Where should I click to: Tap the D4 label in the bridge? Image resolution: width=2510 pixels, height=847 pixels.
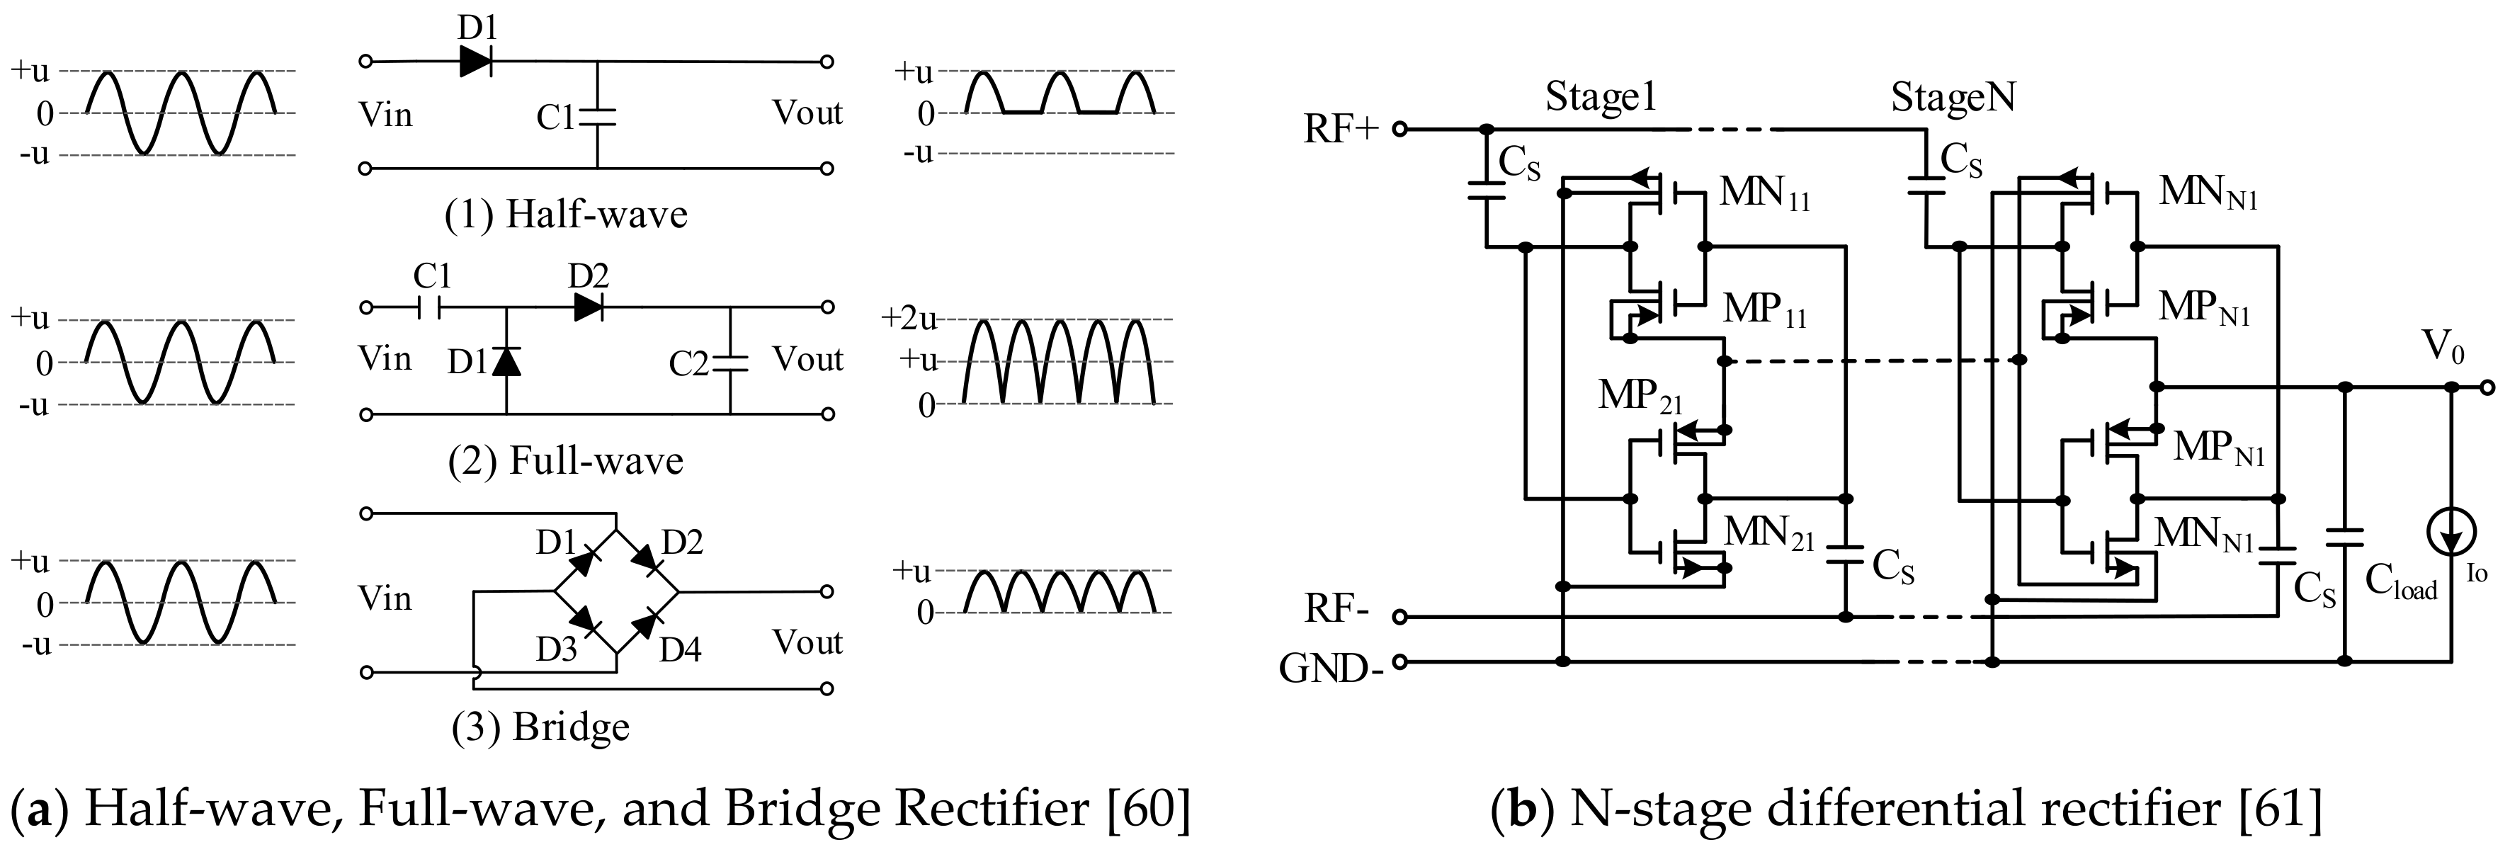[679, 649]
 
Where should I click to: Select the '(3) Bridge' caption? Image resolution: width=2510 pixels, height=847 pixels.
[541, 726]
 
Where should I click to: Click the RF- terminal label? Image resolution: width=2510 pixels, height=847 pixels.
[1337, 610]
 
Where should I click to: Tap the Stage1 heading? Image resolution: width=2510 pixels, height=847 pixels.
[1600, 98]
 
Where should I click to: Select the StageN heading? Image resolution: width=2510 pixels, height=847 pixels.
[1953, 98]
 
